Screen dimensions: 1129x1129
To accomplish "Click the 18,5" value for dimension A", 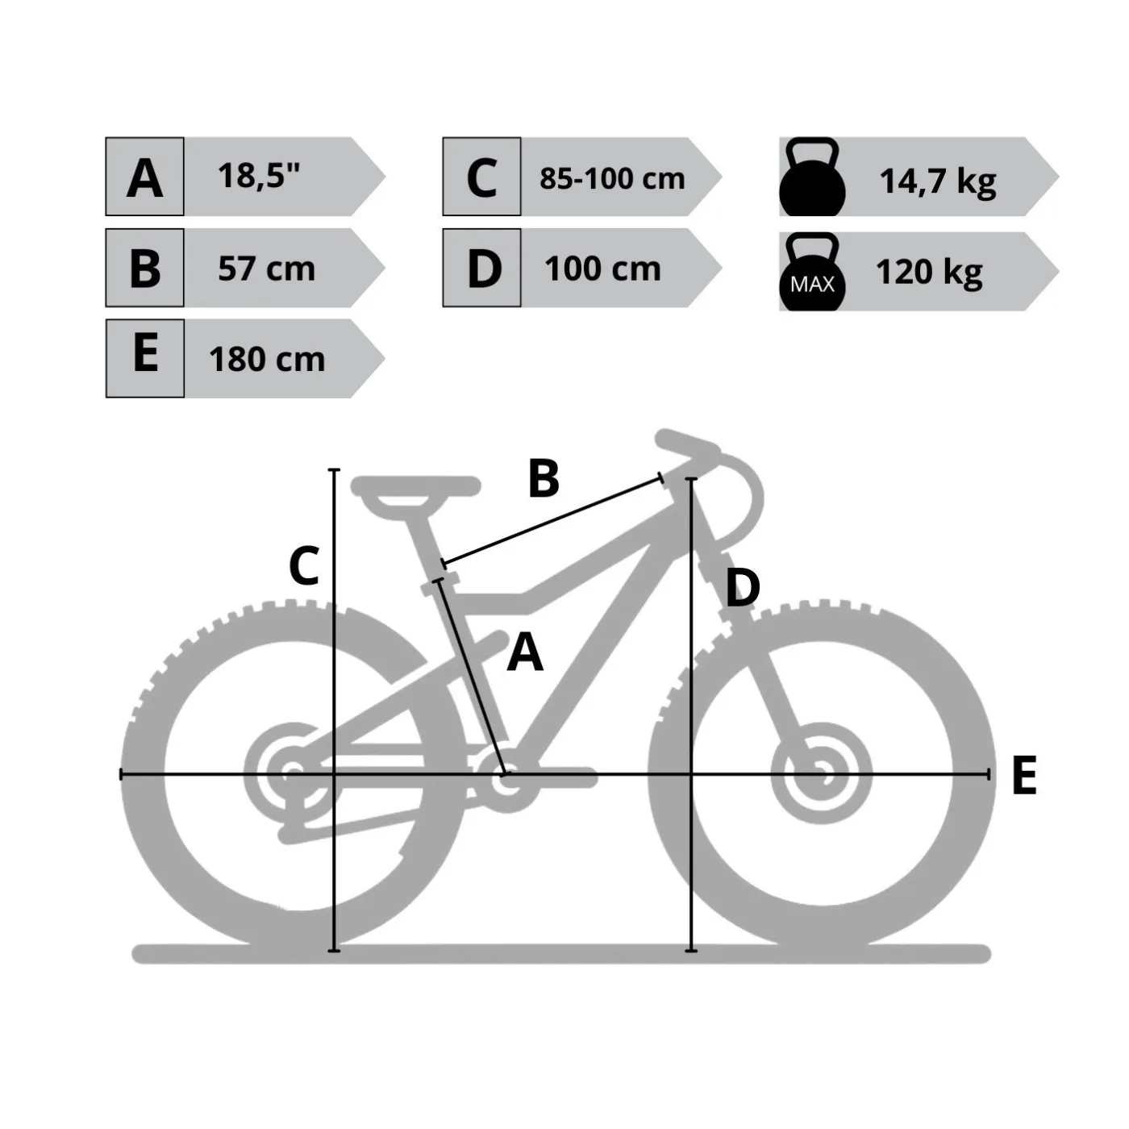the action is click(258, 175).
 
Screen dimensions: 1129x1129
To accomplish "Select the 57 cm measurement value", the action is click(267, 269).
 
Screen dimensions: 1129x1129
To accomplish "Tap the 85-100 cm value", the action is click(612, 178).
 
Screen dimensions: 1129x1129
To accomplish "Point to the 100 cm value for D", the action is click(603, 269).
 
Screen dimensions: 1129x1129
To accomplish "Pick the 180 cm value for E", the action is click(267, 359).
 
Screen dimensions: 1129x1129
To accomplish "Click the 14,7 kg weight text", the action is click(937, 181).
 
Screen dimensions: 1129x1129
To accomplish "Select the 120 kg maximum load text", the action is click(929, 273).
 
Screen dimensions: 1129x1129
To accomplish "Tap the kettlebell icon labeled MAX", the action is click(812, 272).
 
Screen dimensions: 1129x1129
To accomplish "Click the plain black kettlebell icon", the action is click(812, 177).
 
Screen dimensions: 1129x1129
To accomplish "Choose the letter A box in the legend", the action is click(144, 177).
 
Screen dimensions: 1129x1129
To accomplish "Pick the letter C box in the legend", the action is click(481, 177).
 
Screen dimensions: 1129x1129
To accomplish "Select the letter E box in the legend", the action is click(145, 359).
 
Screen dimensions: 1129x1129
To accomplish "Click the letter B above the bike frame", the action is click(544, 479).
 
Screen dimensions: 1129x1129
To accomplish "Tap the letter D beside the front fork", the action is click(742, 588).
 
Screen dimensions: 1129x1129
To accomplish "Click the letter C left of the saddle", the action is click(304, 565).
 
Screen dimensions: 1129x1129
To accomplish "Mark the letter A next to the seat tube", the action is click(525, 652).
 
